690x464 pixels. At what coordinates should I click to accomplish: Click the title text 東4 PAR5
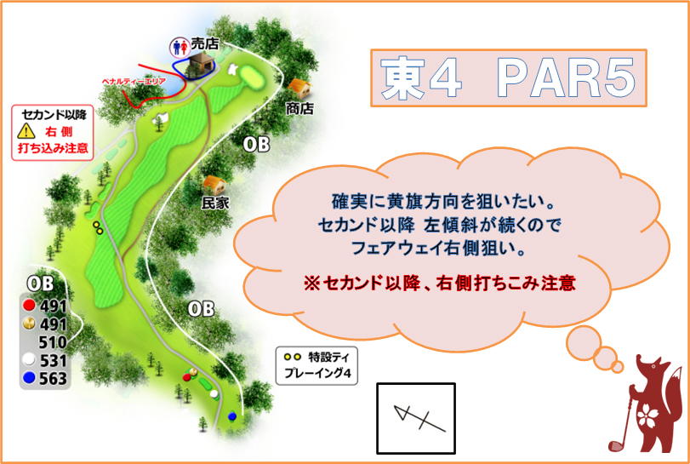508,78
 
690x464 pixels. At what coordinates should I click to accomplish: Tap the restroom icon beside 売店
180,47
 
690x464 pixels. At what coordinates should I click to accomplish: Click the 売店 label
205,43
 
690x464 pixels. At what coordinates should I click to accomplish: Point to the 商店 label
299,107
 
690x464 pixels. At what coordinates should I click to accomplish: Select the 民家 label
215,203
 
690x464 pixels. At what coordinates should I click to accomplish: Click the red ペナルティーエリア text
134,82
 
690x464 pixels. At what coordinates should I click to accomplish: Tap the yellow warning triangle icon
26,131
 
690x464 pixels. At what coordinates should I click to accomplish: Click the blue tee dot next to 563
30,378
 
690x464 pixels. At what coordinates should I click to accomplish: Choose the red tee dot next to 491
30,305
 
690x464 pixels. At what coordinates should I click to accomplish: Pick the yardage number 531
54,360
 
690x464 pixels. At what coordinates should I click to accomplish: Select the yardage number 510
53,342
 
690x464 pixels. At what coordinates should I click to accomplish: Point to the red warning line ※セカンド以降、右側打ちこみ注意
440,283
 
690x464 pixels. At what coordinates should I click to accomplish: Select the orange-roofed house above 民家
214,186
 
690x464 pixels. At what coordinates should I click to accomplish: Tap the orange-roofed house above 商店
299,89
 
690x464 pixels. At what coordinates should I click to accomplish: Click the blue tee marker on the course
232,416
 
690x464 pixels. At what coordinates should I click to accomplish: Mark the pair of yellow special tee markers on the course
98,227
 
